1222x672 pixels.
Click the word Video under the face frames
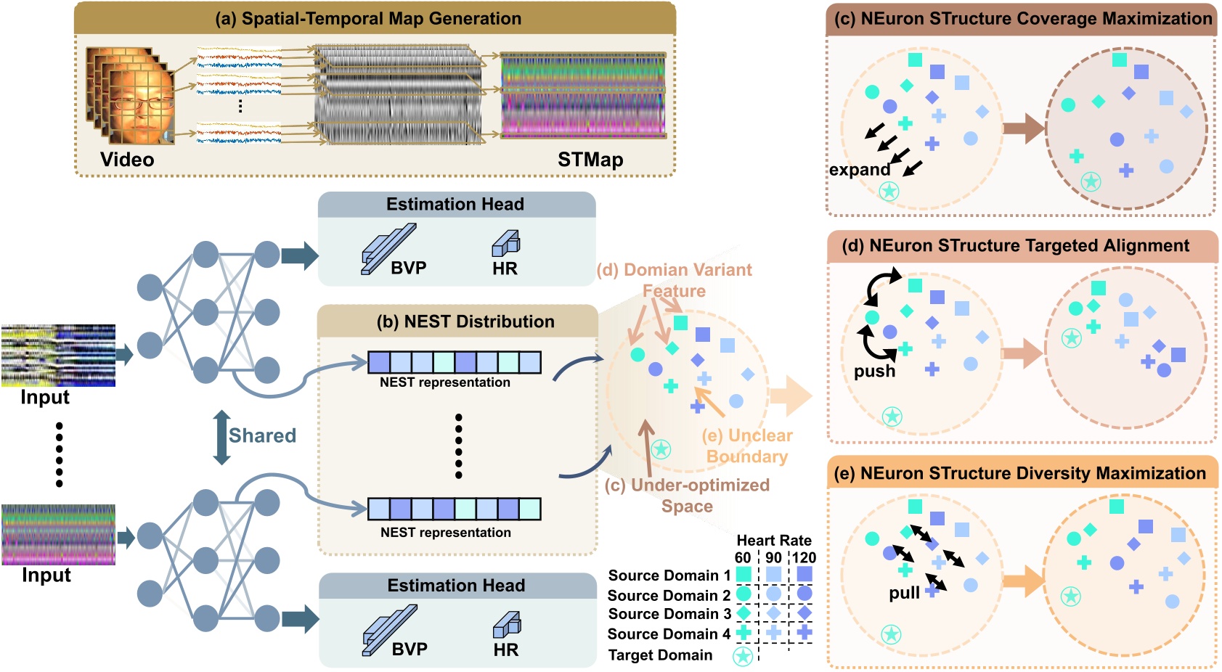pyautogui.click(x=127, y=160)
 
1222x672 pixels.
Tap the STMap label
pyautogui.click(x=590, y=160)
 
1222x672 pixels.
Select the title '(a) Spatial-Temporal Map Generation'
pyautogui.click(x=368, y=19)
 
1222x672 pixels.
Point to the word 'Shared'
pyautogui.click(x=262, y=435)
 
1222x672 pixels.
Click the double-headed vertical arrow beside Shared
pyautogui.click(x=221, y=437)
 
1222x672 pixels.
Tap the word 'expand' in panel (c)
pyautogui.click(x=860, y=170)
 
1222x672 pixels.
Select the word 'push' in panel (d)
pyautogui.click(x=874, y=372)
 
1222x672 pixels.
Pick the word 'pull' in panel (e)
pyautogui.click(x=904, y=593)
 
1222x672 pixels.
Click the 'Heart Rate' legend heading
pyautogui.click(x=774, y=540)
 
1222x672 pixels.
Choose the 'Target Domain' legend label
pyautogui.click(x=660, y=655)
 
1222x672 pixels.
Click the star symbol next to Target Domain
pyautogui.click(x=742, y=656)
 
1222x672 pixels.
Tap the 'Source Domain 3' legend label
pyautogui.click(x=669, y=614)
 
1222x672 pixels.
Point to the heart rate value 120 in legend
pyautogui.click(x=804, y=557)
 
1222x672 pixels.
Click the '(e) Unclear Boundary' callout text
pyautogui.click(x=747, y=446)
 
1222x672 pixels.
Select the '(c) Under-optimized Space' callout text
pyautogui.click(x=687, y=495)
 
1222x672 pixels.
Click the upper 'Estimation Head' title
pyautogui.click(x=455, y=205)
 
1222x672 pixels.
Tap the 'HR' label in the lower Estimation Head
pyautogui.click(x=506, y=650)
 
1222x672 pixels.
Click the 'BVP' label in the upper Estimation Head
pyautogui.click(x=408, y=268)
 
